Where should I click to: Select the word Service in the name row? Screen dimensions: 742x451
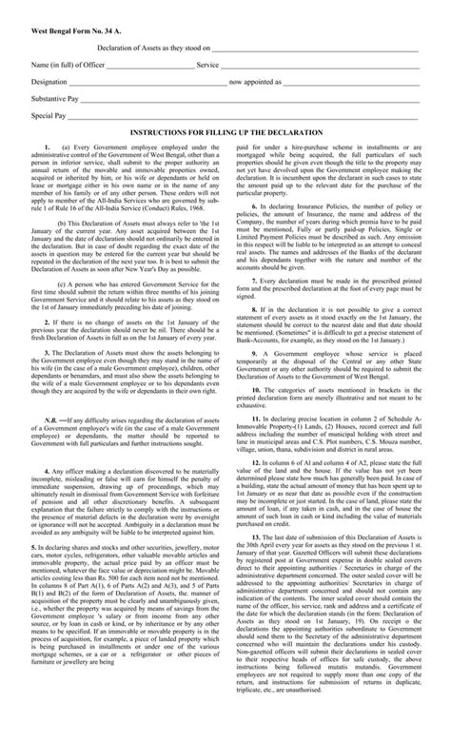(x=207, y=65)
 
